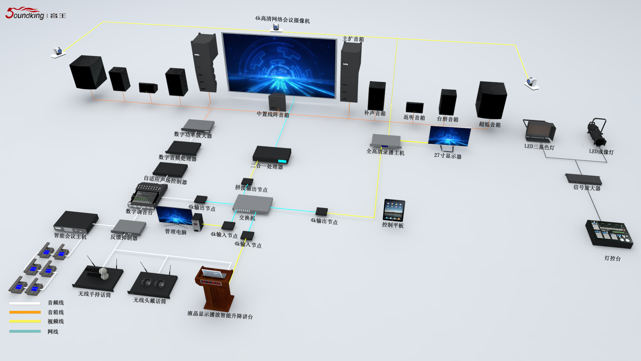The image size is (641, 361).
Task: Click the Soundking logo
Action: (x=35, y=13)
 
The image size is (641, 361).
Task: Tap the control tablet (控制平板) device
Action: (x=394, y=210)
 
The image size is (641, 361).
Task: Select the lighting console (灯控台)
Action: (x=609, y=234)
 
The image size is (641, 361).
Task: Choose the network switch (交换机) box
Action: (x=252, y=204)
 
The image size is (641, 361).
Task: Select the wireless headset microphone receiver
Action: (x=153, y=284)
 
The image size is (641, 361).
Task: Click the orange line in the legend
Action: (x=25, y=312)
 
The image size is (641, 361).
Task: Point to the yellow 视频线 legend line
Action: (x=25, y=322)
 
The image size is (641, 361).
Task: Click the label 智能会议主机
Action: (x=70, y=236)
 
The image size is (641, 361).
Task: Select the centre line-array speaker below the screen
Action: (x=277, y=102)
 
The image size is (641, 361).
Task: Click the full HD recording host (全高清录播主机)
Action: (x=386, y=141)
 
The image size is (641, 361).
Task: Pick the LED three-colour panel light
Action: (x=539, y=131)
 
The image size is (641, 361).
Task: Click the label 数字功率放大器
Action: (x=193, y=135)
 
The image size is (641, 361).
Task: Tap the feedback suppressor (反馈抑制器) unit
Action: (x=129, y=227)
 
